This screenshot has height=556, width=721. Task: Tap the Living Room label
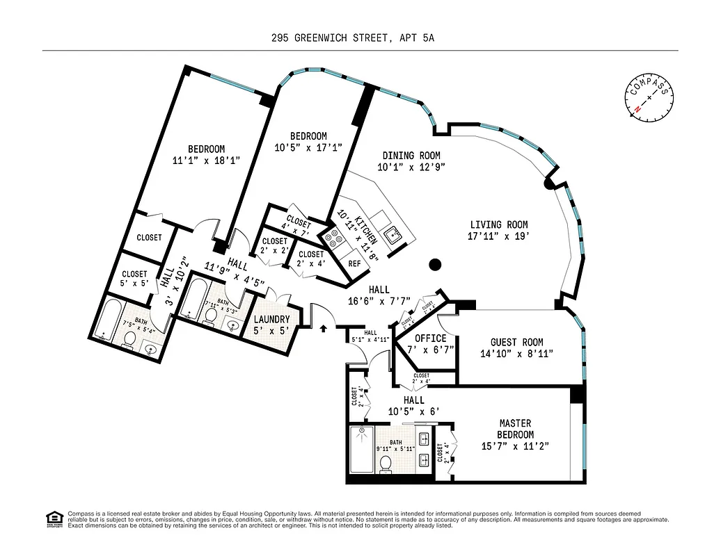pos(498,224)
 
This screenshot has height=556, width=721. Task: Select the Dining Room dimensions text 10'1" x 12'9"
pos(411,167)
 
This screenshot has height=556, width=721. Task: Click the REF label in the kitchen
pos(354,263)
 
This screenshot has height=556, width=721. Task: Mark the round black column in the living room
pos(435,264)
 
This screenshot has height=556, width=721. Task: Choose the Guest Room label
pos(517,342)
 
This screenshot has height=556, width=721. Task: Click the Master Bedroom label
pos(515,429)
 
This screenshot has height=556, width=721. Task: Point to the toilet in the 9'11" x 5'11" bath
pos(386,464)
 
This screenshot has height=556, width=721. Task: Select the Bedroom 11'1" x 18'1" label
pos(207,149)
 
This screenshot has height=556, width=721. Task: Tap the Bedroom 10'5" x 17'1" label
pos(308,136)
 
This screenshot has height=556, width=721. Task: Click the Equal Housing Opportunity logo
pos(53,518)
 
